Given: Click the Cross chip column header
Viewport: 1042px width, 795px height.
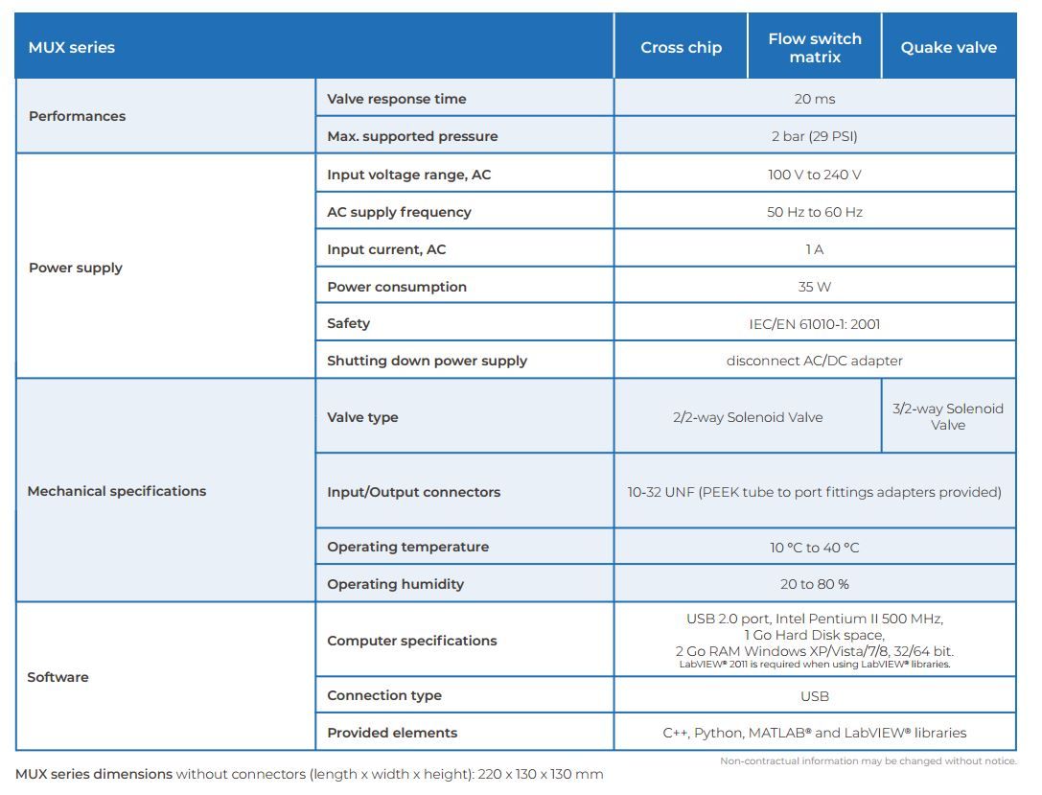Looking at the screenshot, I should point(681,47).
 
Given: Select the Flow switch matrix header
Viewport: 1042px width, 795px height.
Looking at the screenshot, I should point(815,47).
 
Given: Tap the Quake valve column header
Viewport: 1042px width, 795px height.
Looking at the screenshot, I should point(948,47).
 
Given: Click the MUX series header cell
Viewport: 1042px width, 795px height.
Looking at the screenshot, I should point(72,47).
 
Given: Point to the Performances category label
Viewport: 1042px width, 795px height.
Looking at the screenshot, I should point(77,116).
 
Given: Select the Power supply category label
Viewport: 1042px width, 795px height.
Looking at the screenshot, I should point(76,268).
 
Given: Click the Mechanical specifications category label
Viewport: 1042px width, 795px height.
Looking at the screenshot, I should point(117,491).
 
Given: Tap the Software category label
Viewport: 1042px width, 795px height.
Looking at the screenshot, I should point(58,677).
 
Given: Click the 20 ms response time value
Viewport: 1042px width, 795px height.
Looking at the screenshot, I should point(815,99).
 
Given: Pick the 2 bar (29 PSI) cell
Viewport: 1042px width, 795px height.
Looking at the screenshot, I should point(815,136).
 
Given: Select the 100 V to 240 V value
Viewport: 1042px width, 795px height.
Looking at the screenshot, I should point(815,175).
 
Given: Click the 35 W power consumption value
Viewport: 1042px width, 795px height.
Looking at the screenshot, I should point(815,287).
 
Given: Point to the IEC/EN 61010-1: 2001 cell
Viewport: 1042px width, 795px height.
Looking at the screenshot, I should point(815,324).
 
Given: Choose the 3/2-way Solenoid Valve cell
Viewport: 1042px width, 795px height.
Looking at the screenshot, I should point(948,416).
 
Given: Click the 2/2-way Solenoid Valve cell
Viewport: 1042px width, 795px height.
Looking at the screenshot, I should point(748,417).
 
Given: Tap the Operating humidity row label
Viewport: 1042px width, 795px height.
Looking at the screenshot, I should point(395,584).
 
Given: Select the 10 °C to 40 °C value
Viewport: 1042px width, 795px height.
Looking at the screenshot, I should point(815,548).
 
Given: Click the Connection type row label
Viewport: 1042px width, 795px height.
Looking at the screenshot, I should point(384,695).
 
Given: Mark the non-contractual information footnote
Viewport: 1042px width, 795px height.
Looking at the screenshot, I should point(868,761).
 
